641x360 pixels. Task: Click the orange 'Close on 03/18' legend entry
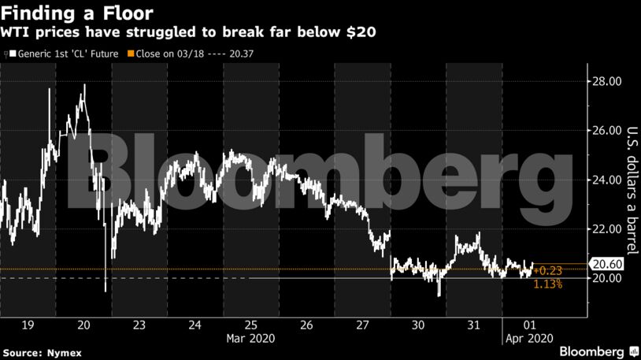tap(195, 54)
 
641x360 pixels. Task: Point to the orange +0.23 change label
tap(547, 270)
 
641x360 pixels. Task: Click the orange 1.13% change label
tap(547, 284)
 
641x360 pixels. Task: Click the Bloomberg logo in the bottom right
tap(598, 350)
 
